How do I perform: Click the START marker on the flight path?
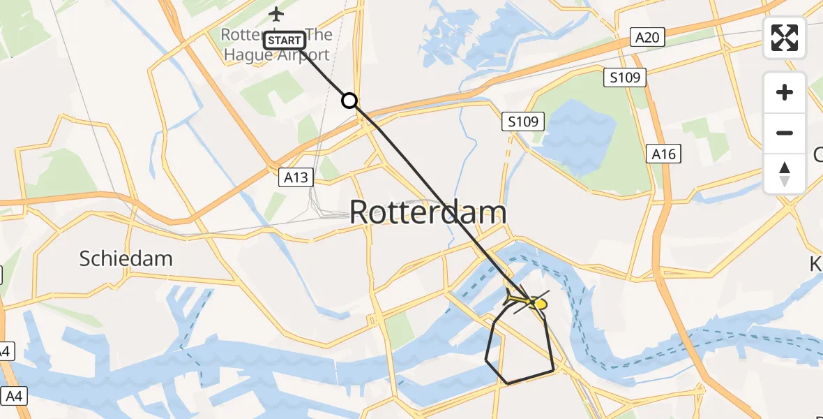point(285,41)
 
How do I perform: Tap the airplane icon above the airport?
point(277,13)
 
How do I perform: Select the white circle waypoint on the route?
point(349,101)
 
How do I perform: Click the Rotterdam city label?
point(428,212)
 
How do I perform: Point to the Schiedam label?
point(126,258)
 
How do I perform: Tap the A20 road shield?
point(647,37)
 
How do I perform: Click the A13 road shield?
point(296,177)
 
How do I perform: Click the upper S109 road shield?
point(624,77)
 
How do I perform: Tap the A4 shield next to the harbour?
point(13,396)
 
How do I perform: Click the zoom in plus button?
point(785,92)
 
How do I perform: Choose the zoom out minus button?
point(785,133)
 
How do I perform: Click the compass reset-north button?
point(785,173)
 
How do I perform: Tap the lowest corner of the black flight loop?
point(508,383)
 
